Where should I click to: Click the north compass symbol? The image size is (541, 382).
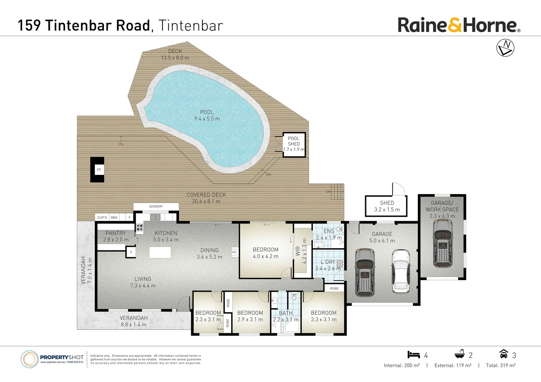[x=505, y=48]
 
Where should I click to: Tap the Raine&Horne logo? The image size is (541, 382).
[x=459, y=25]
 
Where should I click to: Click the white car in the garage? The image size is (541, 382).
[x=401, y=271]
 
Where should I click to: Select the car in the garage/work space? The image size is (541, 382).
[x=442, y=243]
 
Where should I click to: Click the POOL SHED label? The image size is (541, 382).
[x=294, y=141]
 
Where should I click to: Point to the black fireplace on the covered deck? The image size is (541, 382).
[x=97, y=170]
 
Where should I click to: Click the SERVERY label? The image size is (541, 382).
[x=156, y=206]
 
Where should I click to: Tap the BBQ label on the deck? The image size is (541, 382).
[x=114, y=218]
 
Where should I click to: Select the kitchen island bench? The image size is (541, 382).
[x=160, y=253]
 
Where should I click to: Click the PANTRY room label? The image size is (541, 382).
[x=116, y=233]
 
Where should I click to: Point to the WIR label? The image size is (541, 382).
[x=298, y=251]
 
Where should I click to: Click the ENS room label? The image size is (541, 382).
[x=329, y=231]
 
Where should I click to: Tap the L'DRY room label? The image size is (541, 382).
[x=328, y=262]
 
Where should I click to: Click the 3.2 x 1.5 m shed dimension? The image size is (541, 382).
[x=387, y=210]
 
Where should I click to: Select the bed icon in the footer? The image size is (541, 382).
[x=414, y=354]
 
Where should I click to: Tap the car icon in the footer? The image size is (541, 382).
[x=503, y=354]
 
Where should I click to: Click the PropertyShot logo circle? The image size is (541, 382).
[x=29, y=359]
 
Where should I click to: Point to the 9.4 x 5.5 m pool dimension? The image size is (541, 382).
[x=207, y=119]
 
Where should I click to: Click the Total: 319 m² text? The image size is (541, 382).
[x=500, y=365]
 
